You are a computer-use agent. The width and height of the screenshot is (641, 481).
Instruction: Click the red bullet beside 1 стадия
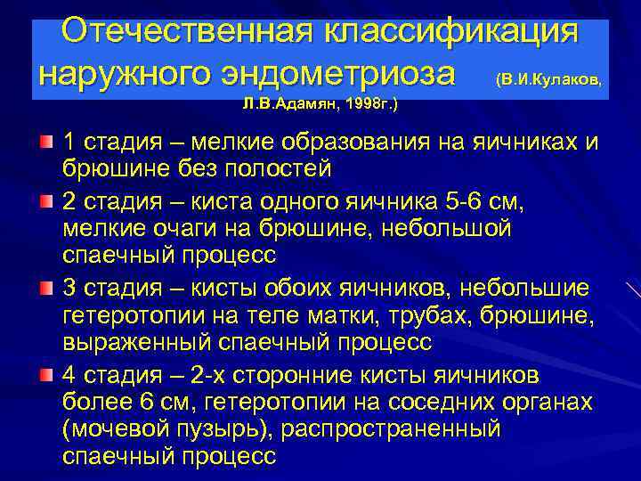coord(45,142)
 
